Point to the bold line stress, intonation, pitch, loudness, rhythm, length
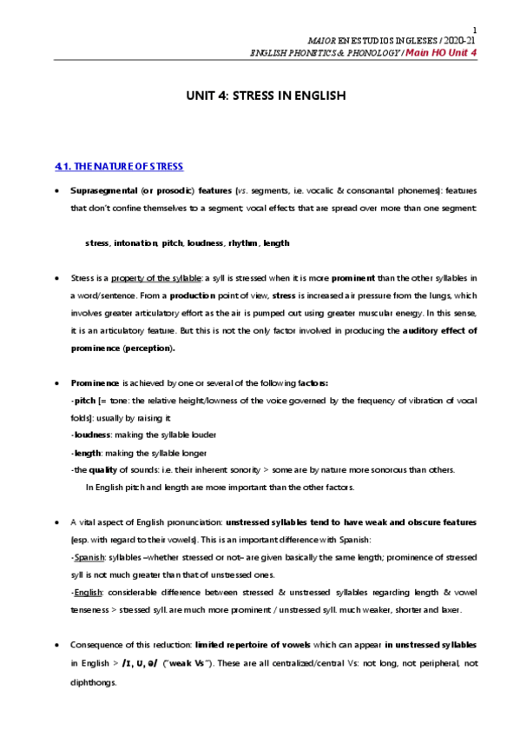point(188,243)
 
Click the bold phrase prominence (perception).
point(123,349)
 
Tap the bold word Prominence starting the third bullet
point(95,382)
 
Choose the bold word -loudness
point(91,435)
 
